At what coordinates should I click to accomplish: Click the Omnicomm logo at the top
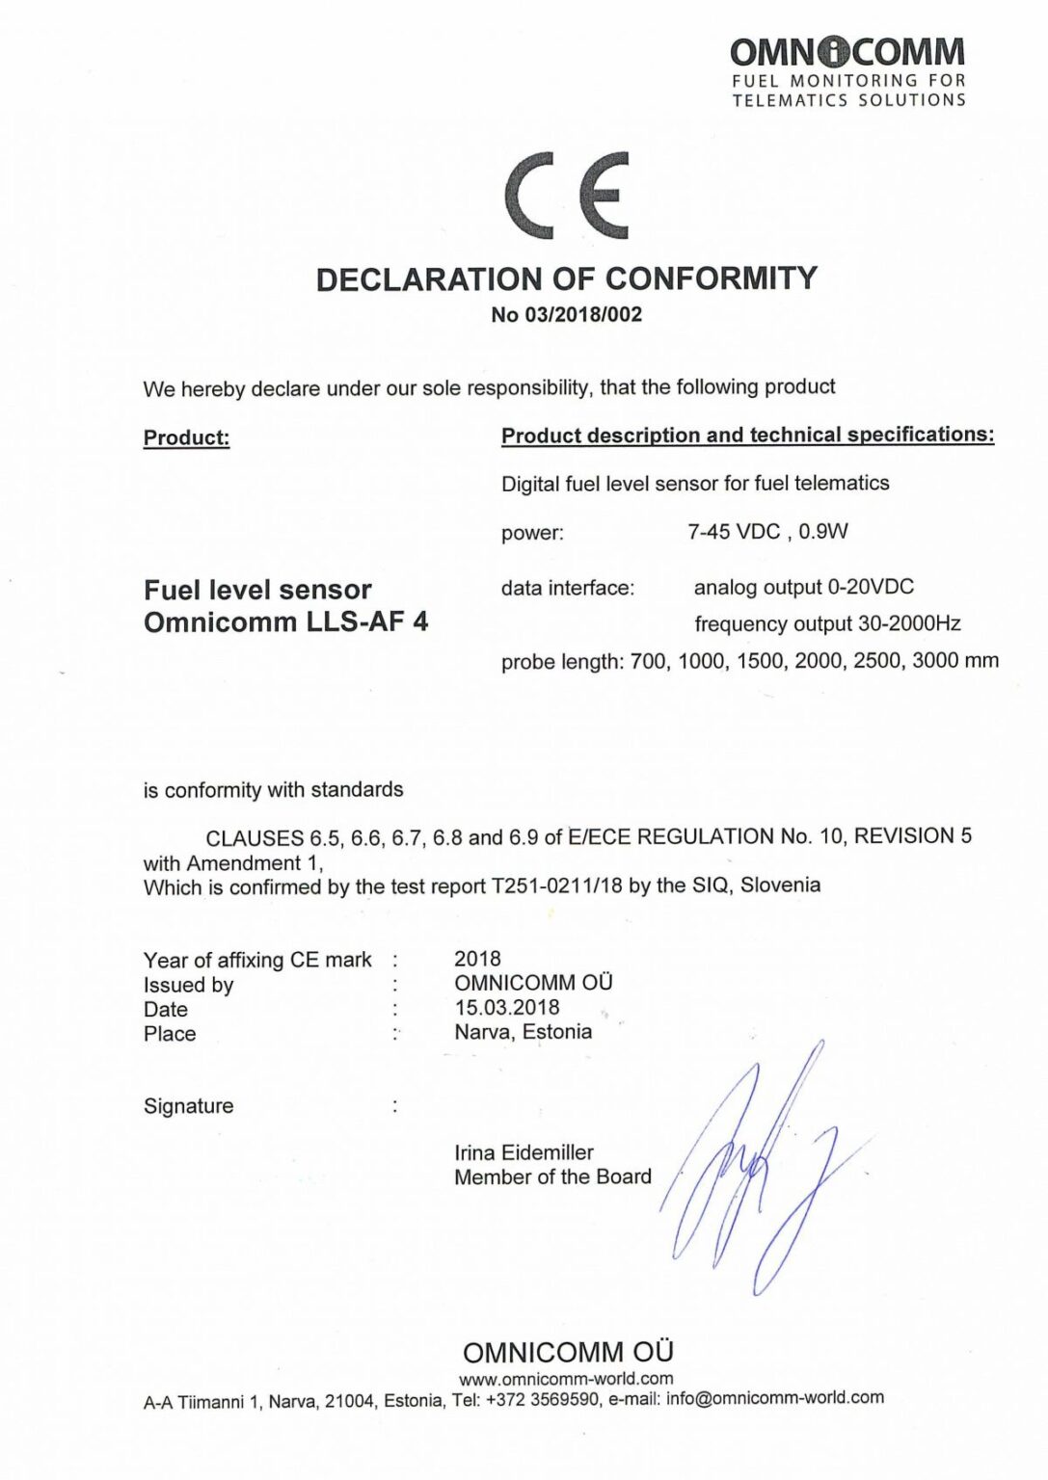(x=847, y=70)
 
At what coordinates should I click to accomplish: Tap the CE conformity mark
(x=567, y=195)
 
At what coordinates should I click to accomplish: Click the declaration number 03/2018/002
(x=583, y=315)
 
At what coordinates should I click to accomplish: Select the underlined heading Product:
(x=187, y=437)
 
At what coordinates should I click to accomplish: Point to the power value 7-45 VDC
(x=734, y=532)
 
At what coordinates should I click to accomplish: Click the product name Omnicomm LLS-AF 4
(x=285, y=621)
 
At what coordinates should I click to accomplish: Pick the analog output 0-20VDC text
(x=804, y=587)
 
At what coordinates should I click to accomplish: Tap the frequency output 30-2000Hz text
(x=827, y=623)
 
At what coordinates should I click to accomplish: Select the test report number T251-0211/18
(x=556, y=885)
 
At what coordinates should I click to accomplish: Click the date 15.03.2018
(x=507, y=1008)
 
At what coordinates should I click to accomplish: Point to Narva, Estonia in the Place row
(x=524, y=1032)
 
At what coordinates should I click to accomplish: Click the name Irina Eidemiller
(x=524, y=1152)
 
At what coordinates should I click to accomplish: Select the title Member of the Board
(x=552, y=1176)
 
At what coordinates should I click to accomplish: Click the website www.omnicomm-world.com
(x=566, y=1379)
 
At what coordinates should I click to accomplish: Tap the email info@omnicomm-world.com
(x=774, y=1398)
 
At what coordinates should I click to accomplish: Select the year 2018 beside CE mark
(x=477, y=959)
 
